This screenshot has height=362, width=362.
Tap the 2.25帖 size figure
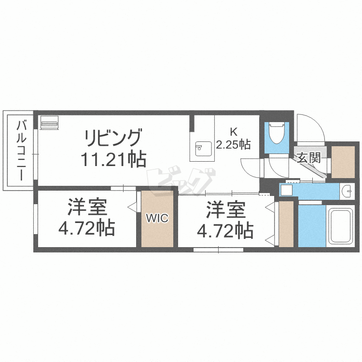click(233, 143)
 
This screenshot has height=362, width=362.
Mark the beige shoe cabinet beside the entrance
click(343, 161)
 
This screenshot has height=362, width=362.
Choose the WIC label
click(157, 218)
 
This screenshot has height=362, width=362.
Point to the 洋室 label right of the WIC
click(226, 210)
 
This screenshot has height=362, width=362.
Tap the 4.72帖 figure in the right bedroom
click(226, 231)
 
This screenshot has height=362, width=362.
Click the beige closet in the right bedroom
click(286, 224)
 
